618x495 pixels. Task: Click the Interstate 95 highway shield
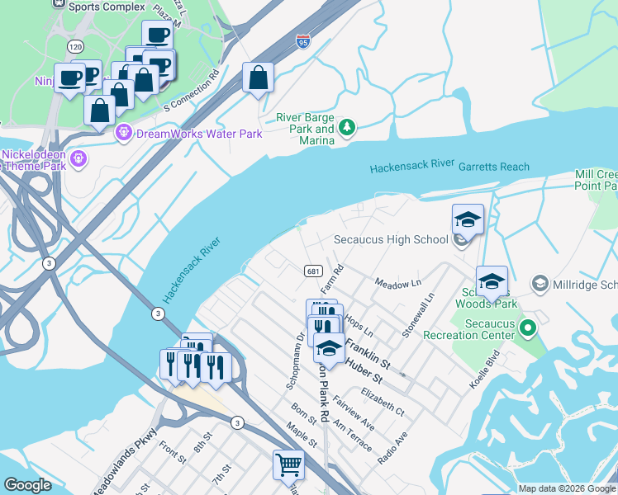pyautogui.click(x=303, y=40)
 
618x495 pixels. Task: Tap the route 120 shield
pyautogui.click(x=76, y=47)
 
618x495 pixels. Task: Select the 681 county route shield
pyautogui.click(x=312, y=271)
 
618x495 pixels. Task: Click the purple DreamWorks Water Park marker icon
pyautogui.click(x=125, y=133)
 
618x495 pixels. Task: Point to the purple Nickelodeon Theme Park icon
pyautogui.click(x=79, y=158)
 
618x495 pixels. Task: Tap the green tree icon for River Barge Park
pyautogui.click(x=348, y=127)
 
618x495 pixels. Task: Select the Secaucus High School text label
pyautogui.click(x=390, y=240)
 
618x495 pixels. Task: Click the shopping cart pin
pyautogui.click(x=288, y=464)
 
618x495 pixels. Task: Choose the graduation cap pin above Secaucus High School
pyautogui.click(x=468, y=219)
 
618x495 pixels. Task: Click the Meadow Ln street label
pyautogui.click(x=398, y=284)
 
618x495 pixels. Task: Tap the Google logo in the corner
pyautogui.click(x=27, y=485)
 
